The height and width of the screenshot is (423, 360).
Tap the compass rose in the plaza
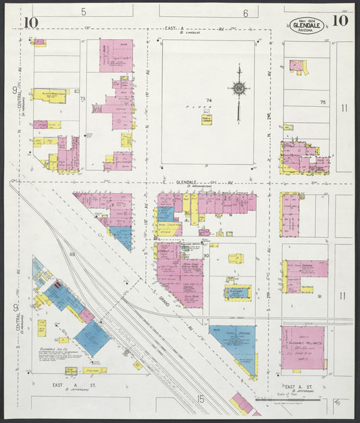coord(238,89)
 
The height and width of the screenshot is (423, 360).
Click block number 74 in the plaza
coord(209,101)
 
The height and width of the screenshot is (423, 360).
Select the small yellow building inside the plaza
coord(206,120)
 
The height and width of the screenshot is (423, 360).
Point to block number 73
coord(83,99)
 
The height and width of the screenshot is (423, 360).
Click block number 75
coord(322,102)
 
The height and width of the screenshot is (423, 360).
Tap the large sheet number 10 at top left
coord(30,22)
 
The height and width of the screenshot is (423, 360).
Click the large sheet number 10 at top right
coord(340,20)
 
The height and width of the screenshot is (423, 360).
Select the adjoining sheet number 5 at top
coord(84,11)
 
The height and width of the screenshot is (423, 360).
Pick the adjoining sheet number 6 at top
coord(245,13)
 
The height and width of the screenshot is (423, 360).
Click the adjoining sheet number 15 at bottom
coord(201,399)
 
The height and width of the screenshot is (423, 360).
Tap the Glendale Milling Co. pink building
coord(303,347)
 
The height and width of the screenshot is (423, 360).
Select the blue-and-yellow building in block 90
coord(238,293)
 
